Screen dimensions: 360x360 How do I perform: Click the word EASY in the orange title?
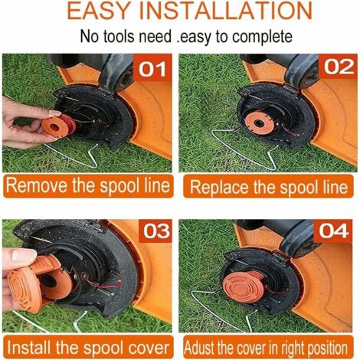tap(98, 11)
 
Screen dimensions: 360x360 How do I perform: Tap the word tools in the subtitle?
tap(119, 37)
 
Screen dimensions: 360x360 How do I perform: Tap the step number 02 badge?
tap(339, 67)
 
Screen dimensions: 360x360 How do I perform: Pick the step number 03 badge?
tap(155, 231)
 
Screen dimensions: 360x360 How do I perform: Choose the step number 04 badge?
tap(333, 231)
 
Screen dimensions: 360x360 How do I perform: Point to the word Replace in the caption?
tap(220, 187)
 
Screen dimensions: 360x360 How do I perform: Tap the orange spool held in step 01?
tap(58, 126)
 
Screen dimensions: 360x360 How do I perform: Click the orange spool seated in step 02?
tap(260, 123)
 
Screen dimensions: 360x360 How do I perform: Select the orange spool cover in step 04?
tap(243, 286)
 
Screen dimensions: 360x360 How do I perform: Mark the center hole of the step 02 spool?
tap(259, 123)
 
